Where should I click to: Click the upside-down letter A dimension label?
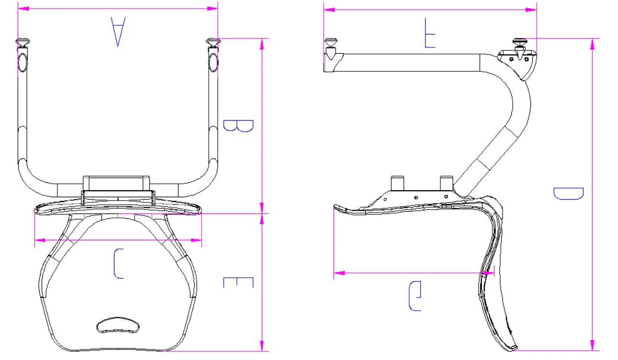point(118,32)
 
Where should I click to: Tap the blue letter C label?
point(118,263)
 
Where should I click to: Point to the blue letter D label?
point(568,193)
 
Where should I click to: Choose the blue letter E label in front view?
point(238,282)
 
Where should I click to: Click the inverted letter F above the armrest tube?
point(430,33)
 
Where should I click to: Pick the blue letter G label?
point(415,296)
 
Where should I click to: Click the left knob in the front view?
point(22,43)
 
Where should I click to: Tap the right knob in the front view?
point(213,43)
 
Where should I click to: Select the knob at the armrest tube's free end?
point(331,43)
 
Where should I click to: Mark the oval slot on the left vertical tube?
point(22,62)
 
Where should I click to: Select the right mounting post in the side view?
point(446,182)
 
